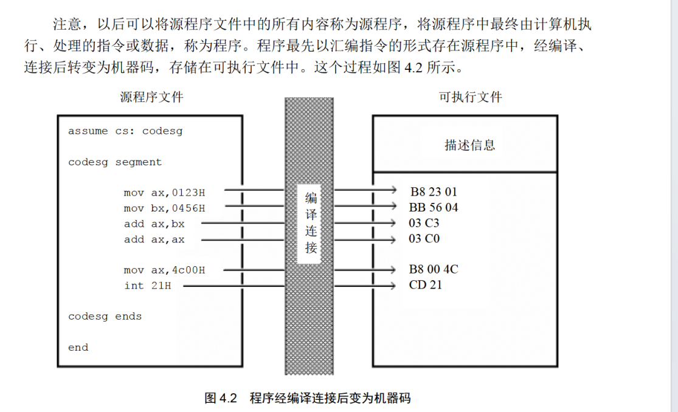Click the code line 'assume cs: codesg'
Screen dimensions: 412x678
click(125, 131)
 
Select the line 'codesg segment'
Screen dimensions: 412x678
click(115, 162)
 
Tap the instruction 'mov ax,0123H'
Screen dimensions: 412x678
click(164, 193)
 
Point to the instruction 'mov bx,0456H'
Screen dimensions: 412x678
click(164, 208)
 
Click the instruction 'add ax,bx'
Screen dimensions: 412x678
click(154, 224)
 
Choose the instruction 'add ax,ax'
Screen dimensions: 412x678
click(154, 239)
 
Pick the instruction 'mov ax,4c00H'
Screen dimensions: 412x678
click(164, 270)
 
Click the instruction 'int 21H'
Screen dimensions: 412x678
click(147, 285)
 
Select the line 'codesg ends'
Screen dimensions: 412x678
click(105, 316)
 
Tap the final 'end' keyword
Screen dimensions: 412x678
click(78, 347)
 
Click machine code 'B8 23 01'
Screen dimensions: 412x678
click(434, 192)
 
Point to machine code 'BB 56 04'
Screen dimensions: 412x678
click(434, 208)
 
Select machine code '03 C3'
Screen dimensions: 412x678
click(424, 223)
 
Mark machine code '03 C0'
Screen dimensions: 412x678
click(424, 239)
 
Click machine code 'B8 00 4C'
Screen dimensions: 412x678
click(434, 269)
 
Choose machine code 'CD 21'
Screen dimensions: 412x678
click(426, 284)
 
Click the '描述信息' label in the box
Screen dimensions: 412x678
click(469, 145)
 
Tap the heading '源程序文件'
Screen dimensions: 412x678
click(151, 97)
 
